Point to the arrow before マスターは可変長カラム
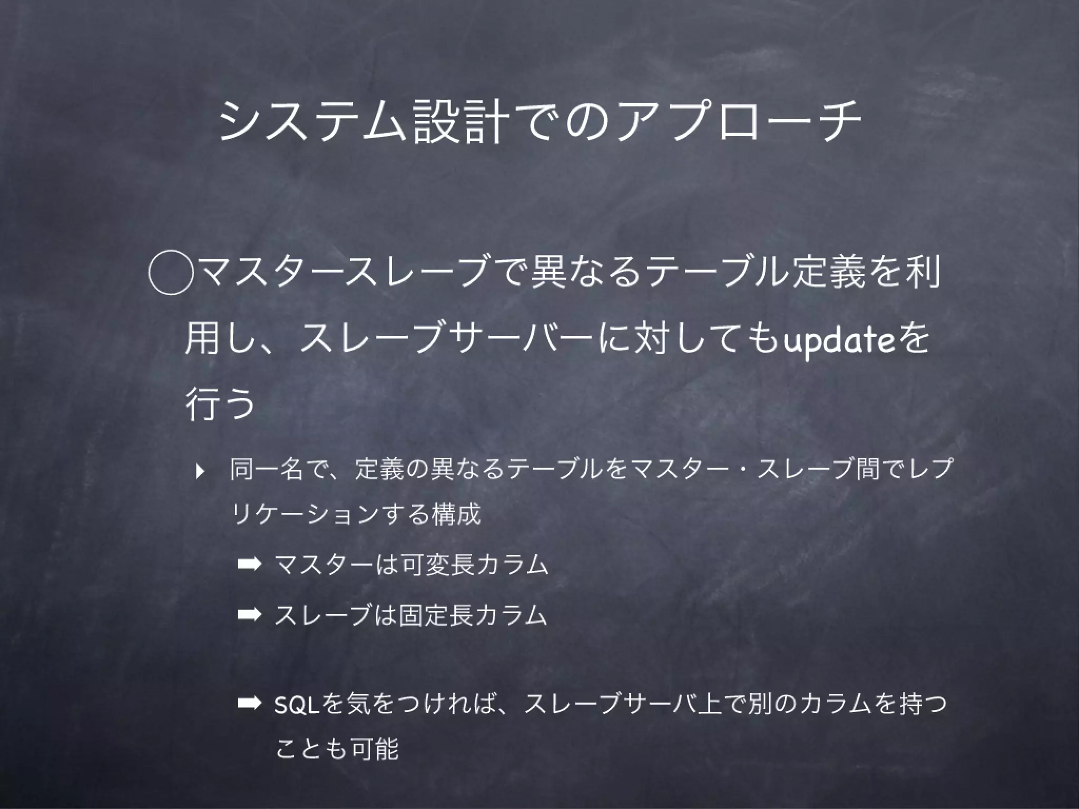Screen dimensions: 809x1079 [x=249, y=564]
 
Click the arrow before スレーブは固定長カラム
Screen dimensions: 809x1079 [x=249, y=614]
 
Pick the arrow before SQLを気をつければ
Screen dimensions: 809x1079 [x=249, y=704]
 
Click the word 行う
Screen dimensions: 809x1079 [x=220, y=404]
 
